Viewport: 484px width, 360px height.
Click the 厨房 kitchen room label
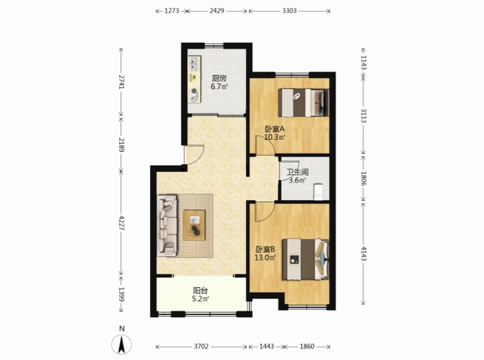point(219,78)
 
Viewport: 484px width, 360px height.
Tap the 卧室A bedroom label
point(274,129)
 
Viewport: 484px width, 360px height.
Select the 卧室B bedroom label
point(265,249)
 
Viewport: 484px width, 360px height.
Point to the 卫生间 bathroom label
point(297,172)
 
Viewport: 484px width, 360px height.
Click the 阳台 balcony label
point(201,291)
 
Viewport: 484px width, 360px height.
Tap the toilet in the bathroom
point(318,192)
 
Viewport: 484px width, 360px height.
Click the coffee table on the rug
point(194,225)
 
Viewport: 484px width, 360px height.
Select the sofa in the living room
point(167,225)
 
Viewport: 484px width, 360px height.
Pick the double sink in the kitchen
point(195,63)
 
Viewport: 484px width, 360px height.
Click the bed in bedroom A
point(303,103)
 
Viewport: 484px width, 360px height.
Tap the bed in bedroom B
point(305,259)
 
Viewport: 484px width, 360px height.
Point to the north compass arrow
point(121,345)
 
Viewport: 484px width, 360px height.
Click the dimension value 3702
point(201,346)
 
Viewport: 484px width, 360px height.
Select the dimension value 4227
point(121,223)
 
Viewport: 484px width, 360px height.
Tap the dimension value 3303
point(289,11)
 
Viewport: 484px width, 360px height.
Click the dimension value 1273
point(172,11)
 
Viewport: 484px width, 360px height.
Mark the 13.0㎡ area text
point(265,257)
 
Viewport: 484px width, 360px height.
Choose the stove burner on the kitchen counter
point(194,91)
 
